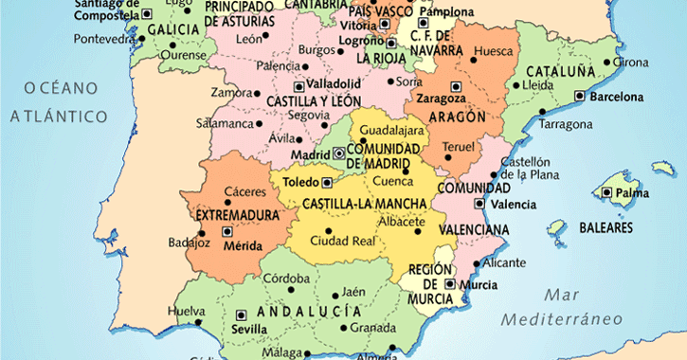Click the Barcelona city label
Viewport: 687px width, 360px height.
(x=616, y=97)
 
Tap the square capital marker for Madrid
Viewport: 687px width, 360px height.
(x=339, y=153)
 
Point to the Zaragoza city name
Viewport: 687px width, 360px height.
(x=441, y=98)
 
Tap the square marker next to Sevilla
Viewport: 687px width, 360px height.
(x=240, y=315)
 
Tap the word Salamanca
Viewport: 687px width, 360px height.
(x=225, y=123)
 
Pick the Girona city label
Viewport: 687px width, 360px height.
(x=631, y=63)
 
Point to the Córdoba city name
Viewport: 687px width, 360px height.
(x=286, y=279)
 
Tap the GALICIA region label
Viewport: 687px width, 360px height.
(x=172, y=29)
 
